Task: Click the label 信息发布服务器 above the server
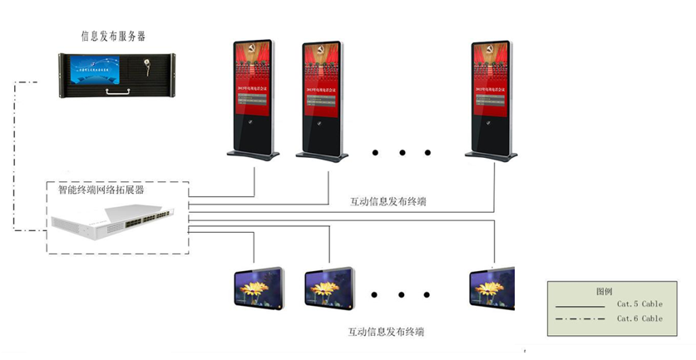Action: (119, 36)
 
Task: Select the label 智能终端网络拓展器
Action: (101, 190)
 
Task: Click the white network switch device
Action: (116, 222)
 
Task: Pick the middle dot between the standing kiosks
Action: (402, 153)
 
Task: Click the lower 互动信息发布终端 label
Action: (386, 332)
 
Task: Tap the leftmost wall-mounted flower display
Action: (257, 286)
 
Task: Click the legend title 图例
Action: (605, 292)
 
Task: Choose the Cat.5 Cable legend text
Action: (639, 304)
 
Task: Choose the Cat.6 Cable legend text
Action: (639, 318)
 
